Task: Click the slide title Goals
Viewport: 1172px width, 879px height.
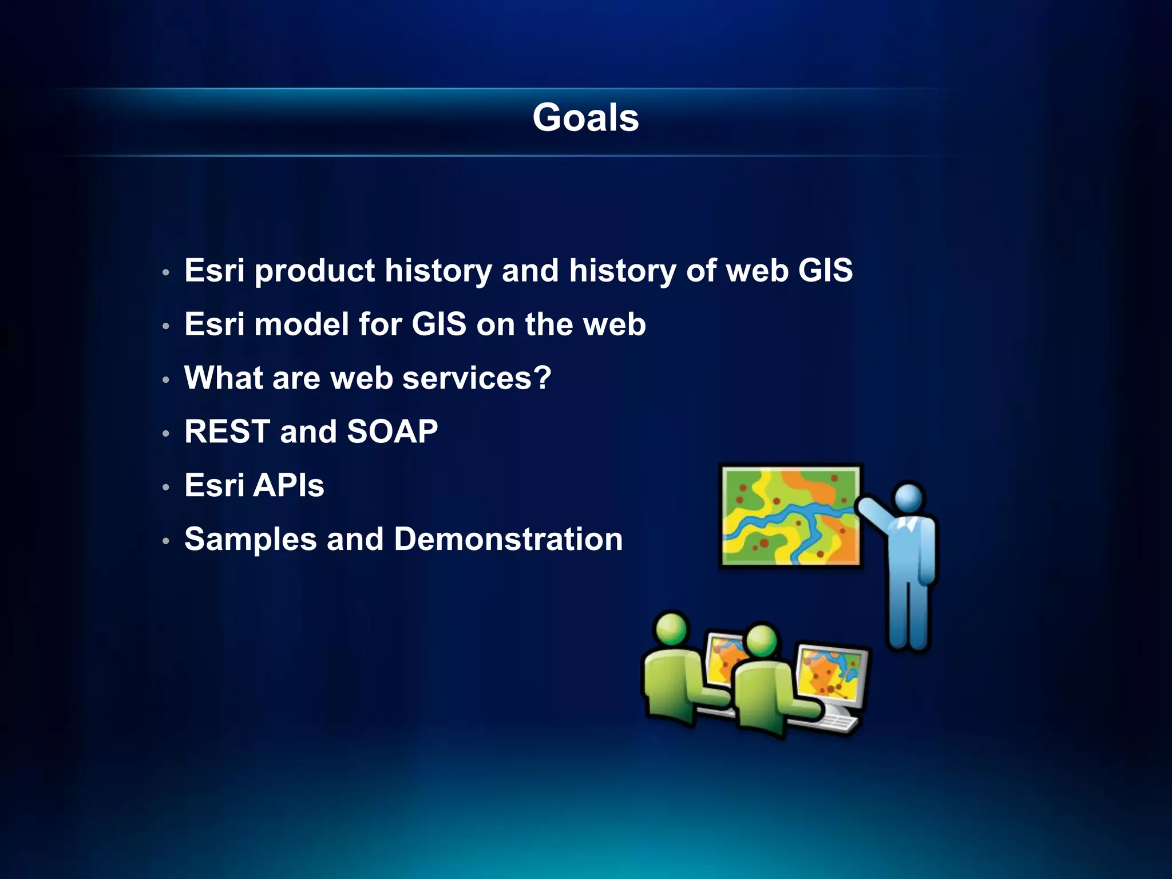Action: (585, 118)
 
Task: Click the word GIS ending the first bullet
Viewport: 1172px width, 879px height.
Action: (825, 270)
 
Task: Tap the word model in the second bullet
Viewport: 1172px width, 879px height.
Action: (301, 324)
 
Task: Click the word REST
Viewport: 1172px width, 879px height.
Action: (227, 431)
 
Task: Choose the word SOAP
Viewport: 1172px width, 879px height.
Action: (392, 431)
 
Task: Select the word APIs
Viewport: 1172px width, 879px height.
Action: (288, 485)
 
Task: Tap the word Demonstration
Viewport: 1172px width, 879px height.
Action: (508, 539)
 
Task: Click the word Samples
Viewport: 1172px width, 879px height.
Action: (251, 539)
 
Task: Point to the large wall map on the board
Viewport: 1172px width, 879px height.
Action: (790, 516)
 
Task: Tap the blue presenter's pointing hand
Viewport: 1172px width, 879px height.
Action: (864, 505)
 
